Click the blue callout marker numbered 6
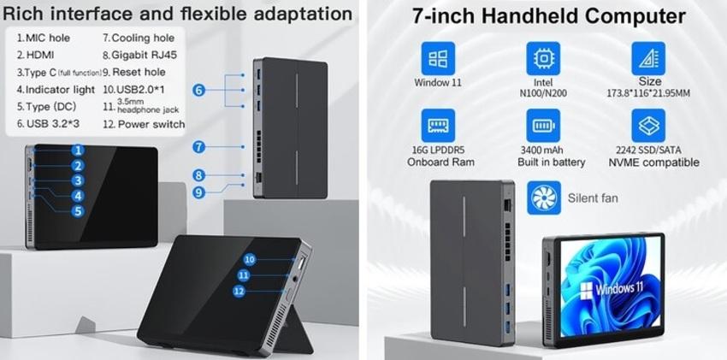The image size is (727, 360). click(198, 90)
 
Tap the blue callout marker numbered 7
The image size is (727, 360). click(198, 146)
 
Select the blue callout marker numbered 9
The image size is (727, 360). click(198, 192)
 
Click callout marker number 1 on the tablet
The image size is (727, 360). click(78, 150)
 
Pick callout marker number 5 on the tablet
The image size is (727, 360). click(78, 210)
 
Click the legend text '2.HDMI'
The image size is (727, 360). click(35, 55)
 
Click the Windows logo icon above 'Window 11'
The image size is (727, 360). click(438, 59)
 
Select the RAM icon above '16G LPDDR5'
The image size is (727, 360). click(438, 126)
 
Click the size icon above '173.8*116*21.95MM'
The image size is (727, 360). click(647, 59)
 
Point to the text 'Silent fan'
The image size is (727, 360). click(593, 198)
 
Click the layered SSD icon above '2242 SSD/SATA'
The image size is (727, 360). click(647, 126)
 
